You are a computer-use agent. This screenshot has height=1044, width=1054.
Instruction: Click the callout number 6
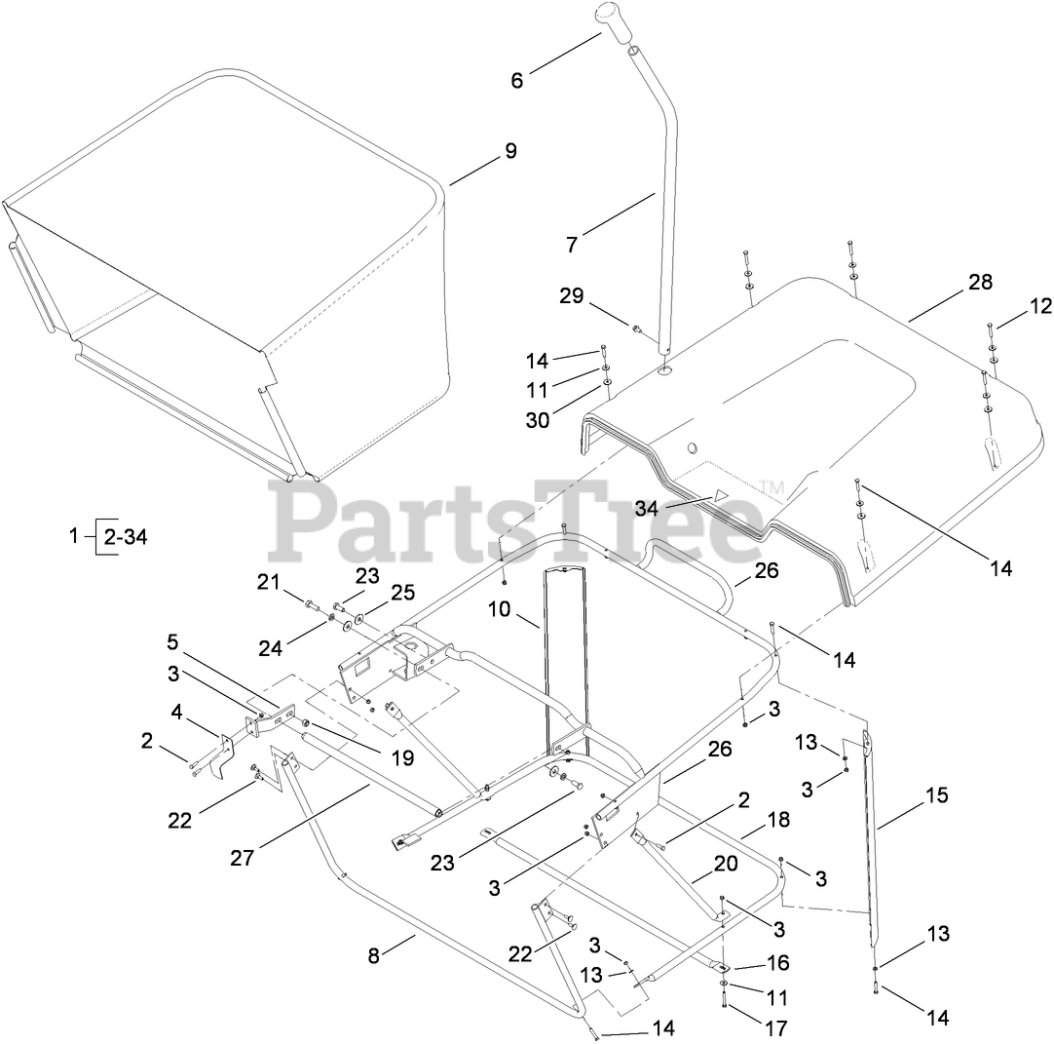click(x=516, y=81)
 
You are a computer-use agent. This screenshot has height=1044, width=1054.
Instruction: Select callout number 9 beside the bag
click(x=510, y=152)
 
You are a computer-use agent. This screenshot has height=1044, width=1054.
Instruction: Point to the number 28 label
click(x=980, y=283)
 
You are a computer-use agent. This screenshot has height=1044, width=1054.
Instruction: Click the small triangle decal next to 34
click(x=720, y=494)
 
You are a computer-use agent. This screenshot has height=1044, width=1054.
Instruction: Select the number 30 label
click(x=538, y=420)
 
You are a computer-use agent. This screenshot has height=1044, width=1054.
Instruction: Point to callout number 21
click(x=268, y=582)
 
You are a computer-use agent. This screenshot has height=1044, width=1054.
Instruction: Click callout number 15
click(x=936, y=795)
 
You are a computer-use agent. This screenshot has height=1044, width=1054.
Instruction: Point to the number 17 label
click(x=776, y=1027)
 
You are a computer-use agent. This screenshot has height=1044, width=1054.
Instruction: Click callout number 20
click(x=726, y=864)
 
